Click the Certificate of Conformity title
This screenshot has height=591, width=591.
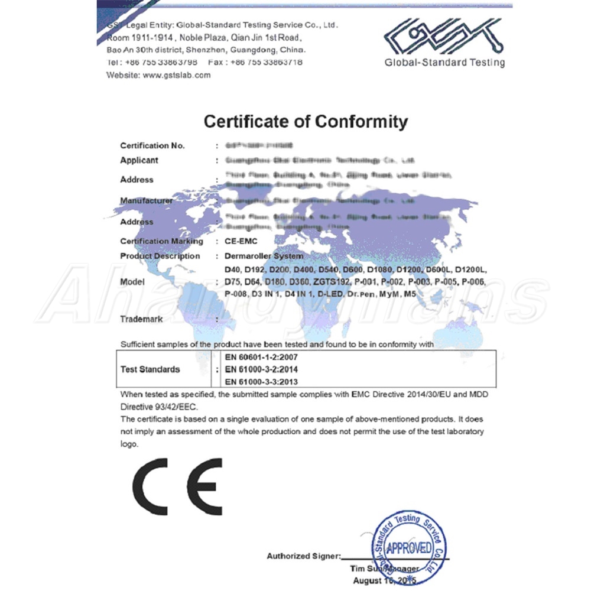(306, 122)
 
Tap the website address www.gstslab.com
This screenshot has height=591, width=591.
(177, 75)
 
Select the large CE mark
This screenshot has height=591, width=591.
(177, 486)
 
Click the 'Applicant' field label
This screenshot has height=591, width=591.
(139, 160)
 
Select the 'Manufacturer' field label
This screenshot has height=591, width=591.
(146, 200)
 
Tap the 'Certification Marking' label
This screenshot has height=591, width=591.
(161, 241)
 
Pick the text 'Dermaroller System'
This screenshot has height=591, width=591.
(264, 256)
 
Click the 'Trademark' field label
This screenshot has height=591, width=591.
(141, 319)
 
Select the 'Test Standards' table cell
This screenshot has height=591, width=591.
(150, 369)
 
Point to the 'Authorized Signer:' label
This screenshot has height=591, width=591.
(304, 556)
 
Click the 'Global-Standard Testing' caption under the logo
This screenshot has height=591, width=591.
(444, 63)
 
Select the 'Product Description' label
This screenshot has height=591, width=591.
(160, 256)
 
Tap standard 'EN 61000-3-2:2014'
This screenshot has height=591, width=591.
(261, 369)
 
